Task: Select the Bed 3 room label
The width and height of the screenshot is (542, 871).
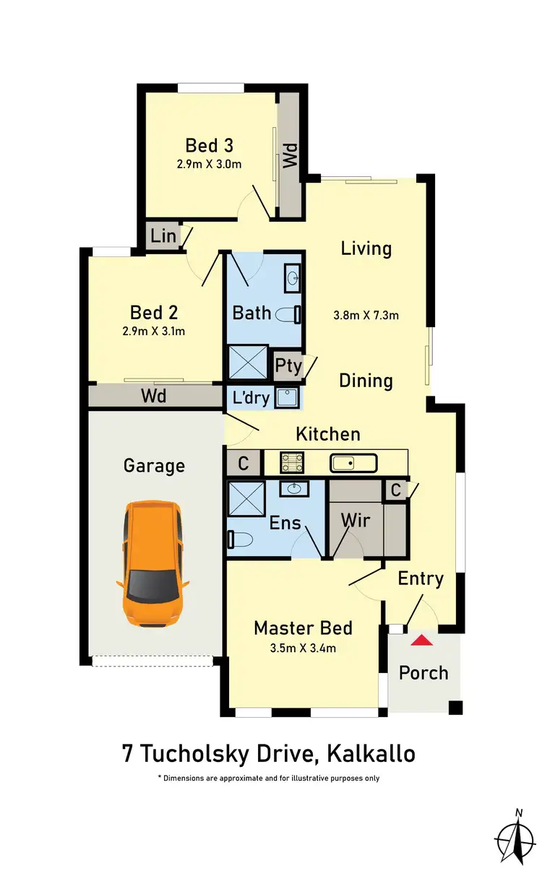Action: pos(209,145)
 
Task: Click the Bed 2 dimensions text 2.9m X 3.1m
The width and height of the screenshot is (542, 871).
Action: pos(154,331)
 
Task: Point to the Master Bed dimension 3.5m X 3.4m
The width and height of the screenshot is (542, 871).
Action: pos(295,648)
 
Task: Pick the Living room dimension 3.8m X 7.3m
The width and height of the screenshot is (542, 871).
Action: pos(366,315)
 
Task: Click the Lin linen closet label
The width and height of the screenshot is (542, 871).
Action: pos(164,235)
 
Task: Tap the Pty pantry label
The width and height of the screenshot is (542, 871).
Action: pos(288,365)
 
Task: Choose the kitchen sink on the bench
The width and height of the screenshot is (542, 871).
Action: pos(352,462)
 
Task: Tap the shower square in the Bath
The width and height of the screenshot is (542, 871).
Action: pos(246,362)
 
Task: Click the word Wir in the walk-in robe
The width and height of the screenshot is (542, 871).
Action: pos(355,520)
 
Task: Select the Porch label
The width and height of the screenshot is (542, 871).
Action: pos(423,673)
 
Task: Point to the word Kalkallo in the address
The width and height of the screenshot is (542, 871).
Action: pos(371,754)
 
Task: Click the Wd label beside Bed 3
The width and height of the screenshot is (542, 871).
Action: pos(290,156)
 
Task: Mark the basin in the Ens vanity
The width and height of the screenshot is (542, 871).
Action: pos(293,489)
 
